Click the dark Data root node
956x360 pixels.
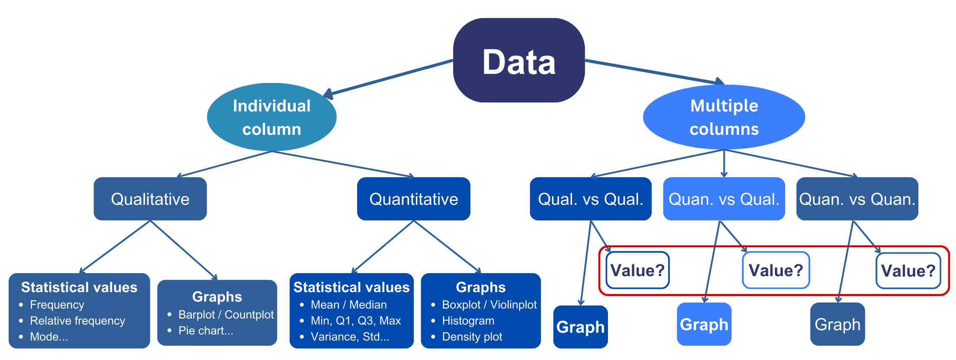click(519, 61)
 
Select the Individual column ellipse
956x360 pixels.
click(272, 117)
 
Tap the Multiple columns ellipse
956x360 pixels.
click(724, 117)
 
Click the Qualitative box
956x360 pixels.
click(150, 199)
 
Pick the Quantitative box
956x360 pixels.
click(413, 199)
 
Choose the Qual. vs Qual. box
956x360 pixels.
click(590, 199)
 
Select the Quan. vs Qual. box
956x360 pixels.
click(724, 199)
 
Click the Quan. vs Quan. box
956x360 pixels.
click(857, 199)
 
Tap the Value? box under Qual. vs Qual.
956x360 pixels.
click(637, 270)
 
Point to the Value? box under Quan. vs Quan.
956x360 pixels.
click(908, 271)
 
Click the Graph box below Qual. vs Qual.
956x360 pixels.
click(580, 327)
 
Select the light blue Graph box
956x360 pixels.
click(704, 324)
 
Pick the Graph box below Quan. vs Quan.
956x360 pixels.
click(838, 324)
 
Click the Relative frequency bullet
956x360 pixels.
click(77, 321)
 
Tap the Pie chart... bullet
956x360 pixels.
click(206, 331)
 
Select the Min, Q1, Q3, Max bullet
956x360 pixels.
click(355, 321)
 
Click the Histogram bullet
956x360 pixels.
click(468, 321)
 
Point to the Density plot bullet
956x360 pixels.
click(472, 337)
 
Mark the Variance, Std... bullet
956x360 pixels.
click(350, 337)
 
